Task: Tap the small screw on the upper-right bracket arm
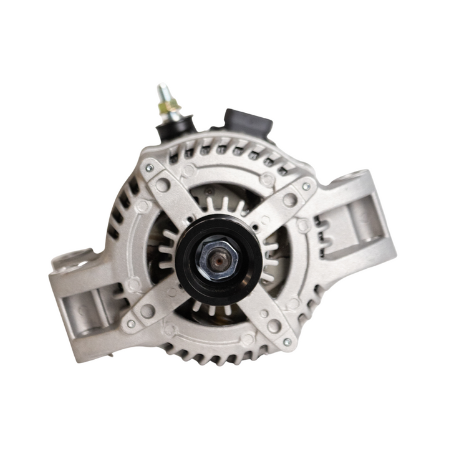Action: coord(306,186)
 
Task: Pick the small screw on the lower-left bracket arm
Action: coord(130,324)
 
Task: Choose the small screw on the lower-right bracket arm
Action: coord(287,342)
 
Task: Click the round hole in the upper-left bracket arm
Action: coord(163,185)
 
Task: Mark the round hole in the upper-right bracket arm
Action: coord(289,200)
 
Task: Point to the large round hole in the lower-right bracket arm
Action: coord(274,326)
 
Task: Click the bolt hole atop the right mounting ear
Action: coord(360,176)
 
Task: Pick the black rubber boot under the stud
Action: coord(173,127)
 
